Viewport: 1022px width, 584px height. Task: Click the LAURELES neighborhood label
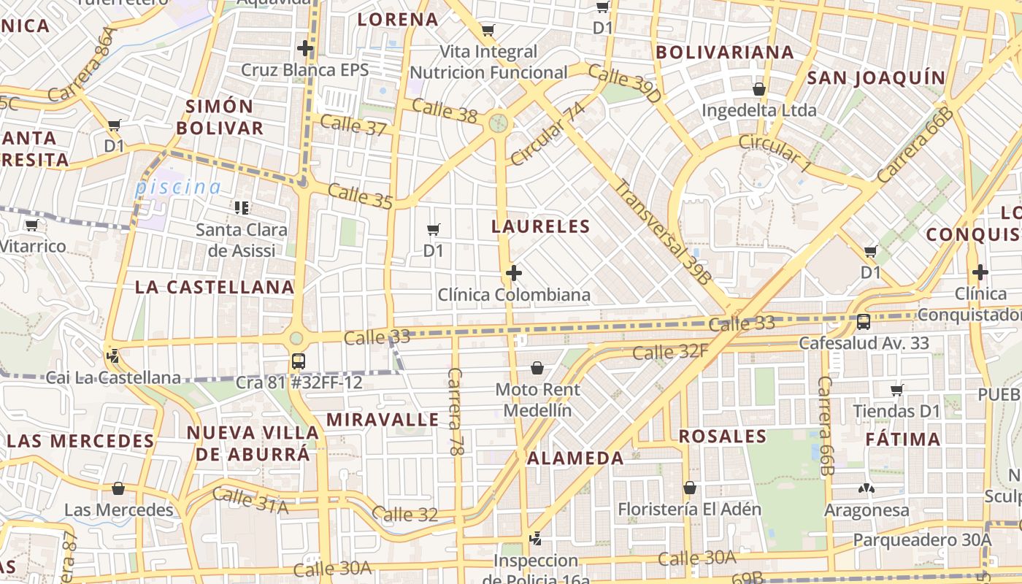(x=540, y=226)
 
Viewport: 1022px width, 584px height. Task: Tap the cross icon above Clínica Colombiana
(x=514, y=274)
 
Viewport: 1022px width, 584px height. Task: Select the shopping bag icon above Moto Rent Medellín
(x=537, y=367)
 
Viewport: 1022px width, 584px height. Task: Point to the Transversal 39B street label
(x=663, y=231)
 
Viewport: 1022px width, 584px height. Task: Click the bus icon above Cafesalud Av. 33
(x=864, y=321)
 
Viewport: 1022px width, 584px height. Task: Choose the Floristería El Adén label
(x=689, y=509)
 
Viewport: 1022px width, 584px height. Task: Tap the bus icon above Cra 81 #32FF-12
(x=298, y=361)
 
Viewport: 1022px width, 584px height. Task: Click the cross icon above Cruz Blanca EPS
(x=305, y=49)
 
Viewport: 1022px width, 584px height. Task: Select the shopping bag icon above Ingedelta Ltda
(x=759, y=89)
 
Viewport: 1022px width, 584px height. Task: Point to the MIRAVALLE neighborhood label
(x=383, y=420)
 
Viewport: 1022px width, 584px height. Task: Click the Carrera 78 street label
(x=456, y=412)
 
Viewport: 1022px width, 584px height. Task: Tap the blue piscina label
(x=177, y=188)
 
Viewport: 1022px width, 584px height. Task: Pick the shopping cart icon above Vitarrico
(x=31, y=225)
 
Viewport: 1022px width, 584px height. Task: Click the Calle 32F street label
(x=670, y=353)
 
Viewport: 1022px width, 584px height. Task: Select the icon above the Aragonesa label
(x=867, y=488)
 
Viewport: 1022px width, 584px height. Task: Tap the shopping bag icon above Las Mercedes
(x=118, y=488)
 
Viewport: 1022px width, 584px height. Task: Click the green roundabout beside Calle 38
(x=499, y=122)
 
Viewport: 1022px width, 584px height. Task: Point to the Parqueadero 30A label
(x=923, y=540)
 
